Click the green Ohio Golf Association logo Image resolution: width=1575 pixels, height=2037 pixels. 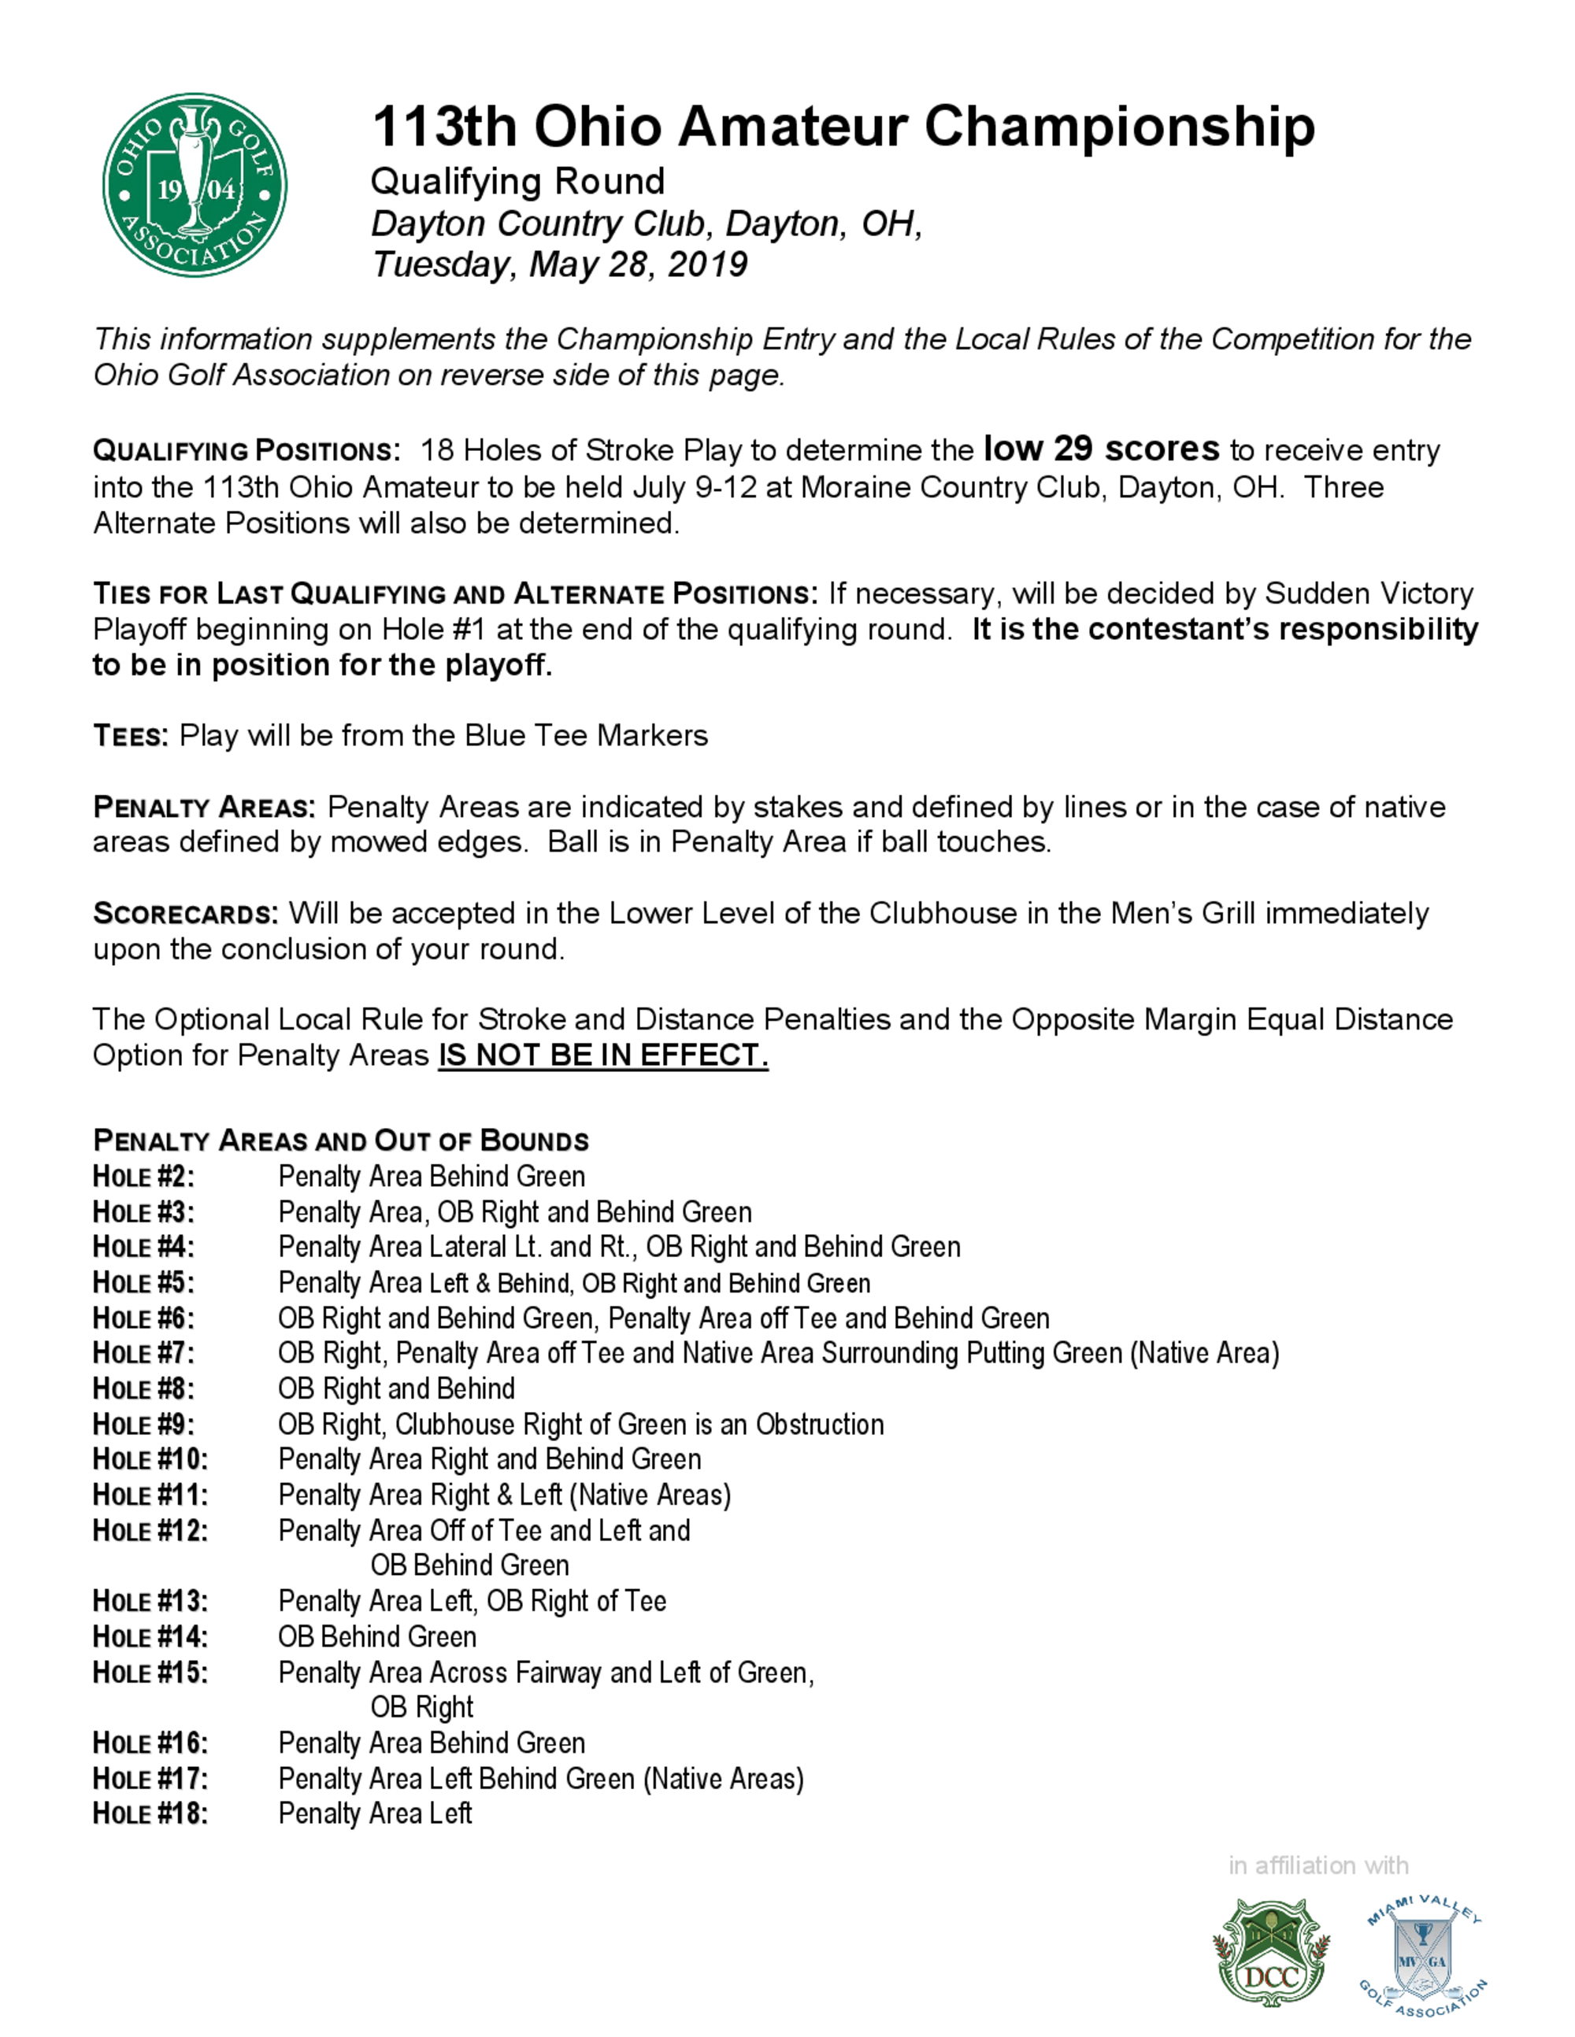coord(194,185)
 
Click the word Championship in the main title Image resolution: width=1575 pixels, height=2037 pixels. coord(1119,127)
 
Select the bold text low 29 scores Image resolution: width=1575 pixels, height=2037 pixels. coord(1101,449)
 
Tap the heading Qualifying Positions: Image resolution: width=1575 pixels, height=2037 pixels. coord(246,452)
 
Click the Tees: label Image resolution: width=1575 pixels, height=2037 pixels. coord(131,736)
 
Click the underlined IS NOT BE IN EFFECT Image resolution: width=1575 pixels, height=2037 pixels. coord(602,1055)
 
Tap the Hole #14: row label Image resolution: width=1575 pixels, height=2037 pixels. coord(150,1637)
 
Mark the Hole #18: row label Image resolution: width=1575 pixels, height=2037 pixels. coord(150,1814)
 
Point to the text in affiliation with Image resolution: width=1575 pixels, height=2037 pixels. coord(1317,1865)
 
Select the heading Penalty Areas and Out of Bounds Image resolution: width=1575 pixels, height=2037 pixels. coord(340,1141)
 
